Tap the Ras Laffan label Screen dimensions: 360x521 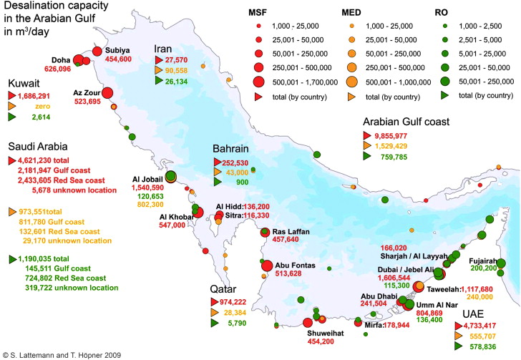coord(290,231)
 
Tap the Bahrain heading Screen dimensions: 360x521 coord(230,149)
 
